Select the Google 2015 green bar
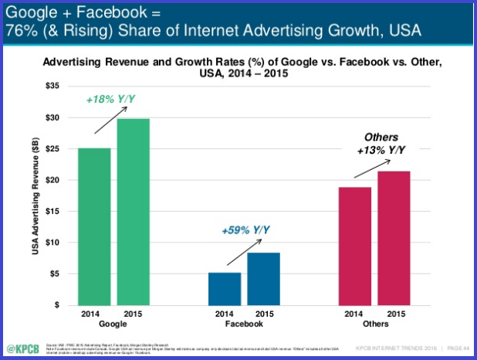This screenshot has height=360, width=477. (134, 212)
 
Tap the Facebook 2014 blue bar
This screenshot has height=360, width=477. (225, 288)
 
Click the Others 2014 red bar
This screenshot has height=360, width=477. (355, 246)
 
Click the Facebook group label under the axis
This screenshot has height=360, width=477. (244, 324)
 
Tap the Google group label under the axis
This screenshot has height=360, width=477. (113, 324)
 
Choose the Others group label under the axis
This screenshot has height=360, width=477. (374, 324)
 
